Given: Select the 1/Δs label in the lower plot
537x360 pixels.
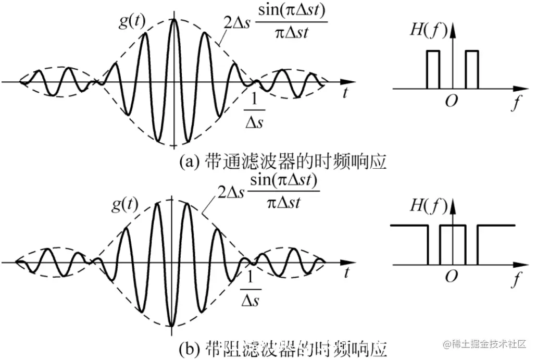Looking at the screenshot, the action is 251,289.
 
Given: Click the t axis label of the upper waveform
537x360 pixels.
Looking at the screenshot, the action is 345,94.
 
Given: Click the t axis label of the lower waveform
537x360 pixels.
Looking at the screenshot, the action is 346,274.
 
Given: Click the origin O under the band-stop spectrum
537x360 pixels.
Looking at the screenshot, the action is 451,277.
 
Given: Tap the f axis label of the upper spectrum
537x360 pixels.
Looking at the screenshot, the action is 515,103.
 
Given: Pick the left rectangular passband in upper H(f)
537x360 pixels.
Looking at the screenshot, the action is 433,69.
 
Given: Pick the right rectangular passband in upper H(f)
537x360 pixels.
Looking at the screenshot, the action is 472,69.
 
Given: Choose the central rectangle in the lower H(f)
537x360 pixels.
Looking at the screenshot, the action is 453,244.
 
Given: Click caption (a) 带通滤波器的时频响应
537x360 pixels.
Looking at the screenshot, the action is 283,162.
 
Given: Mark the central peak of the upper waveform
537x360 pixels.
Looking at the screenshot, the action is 174,21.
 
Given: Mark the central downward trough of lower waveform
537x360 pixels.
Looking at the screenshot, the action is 172,324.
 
